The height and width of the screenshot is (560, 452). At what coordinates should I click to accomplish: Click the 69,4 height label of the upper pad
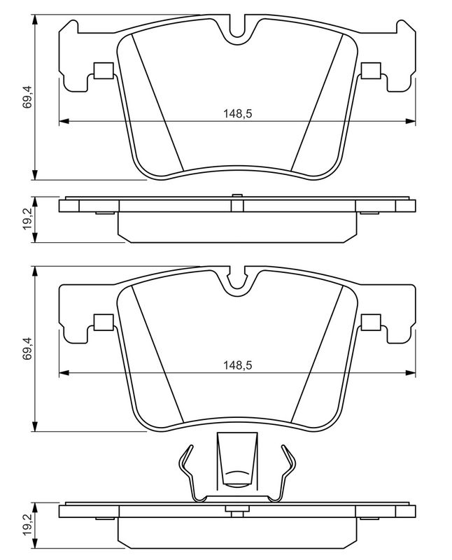(x=27, y=97)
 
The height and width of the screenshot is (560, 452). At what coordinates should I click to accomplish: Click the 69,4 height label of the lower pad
(x=27, y=348)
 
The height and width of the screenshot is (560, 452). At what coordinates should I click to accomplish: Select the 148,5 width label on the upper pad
(x=237, y=114)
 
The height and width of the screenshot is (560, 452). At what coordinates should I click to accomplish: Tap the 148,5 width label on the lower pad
(x=237, y=365)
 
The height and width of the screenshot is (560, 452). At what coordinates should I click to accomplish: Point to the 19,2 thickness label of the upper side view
(x=27, y=220)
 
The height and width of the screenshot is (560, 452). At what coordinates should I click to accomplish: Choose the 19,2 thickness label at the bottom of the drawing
(x=27, y=526)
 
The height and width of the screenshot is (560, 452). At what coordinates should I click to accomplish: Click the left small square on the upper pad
(x=104, y=71)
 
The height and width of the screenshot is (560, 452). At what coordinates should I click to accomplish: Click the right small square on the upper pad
(x=371, y=71)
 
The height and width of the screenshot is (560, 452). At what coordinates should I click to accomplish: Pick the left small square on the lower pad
(x=104, y=322)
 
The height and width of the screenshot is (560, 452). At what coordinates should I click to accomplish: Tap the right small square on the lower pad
(x=371, y=322)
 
